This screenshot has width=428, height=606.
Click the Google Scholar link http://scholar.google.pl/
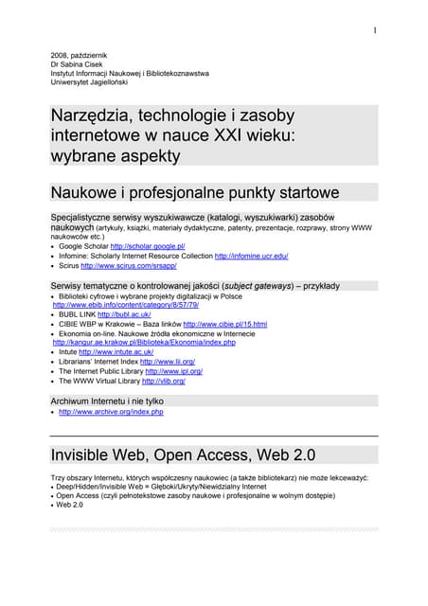point(147,246)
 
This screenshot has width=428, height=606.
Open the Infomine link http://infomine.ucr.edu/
point(251,256)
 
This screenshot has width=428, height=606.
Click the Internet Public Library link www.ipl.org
point(171,371)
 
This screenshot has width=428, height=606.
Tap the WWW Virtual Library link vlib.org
point(163,381)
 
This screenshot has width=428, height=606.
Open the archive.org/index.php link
point(111,412)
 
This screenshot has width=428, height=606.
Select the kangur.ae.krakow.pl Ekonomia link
point(143,342)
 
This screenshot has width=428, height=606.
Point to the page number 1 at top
point(375,30)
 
